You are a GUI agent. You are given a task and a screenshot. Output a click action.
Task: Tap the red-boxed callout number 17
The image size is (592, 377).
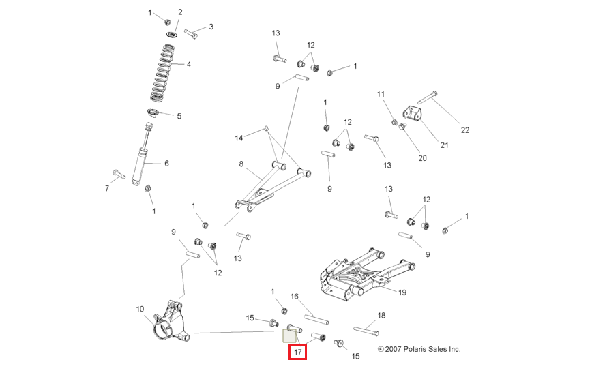(x=297, y=352)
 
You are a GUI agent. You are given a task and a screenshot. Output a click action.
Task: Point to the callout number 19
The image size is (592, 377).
(x=402, y=293)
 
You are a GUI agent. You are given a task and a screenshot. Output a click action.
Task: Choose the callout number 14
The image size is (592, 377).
(x=239, y=138)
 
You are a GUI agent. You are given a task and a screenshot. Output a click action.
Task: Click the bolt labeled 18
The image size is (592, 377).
(x=367, y=332)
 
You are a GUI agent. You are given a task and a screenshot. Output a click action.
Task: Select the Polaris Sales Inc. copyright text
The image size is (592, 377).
(x=419, y=349)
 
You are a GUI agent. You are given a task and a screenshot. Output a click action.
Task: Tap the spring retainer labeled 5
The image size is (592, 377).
(x=153, y=112)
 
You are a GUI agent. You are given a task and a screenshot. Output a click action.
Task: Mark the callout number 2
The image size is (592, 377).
(x=180, y=12)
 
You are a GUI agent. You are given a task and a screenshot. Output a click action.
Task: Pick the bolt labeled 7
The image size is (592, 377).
(x=119, y=175)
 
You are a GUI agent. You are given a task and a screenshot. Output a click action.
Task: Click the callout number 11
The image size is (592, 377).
(x=381, y=94)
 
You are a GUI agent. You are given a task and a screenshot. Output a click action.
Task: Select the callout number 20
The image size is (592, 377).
(x=422, y=158)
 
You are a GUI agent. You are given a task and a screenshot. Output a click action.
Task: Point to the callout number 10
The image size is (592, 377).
(x=140, y=310)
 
